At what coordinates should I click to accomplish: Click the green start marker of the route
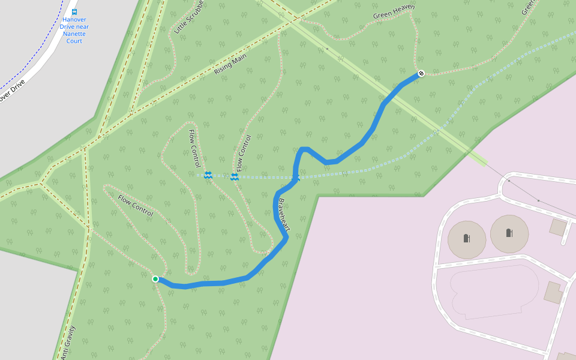155,278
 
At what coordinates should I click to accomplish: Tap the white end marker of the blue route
421,73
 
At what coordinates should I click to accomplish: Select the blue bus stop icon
74,11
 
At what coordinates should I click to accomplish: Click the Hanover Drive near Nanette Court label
74,30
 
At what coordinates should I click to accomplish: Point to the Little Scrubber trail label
190,16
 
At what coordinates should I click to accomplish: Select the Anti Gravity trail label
68,343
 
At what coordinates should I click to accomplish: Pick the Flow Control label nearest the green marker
135,206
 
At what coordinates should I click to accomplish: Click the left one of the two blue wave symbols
208,175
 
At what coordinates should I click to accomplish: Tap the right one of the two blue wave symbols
235,176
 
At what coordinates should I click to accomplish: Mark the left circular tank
467,239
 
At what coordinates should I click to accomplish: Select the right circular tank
509,233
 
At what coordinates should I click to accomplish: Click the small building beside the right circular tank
558,227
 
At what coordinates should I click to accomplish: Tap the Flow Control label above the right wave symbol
243,152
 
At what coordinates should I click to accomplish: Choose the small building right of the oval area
553,292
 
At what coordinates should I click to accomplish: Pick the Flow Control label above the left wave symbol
194,148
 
